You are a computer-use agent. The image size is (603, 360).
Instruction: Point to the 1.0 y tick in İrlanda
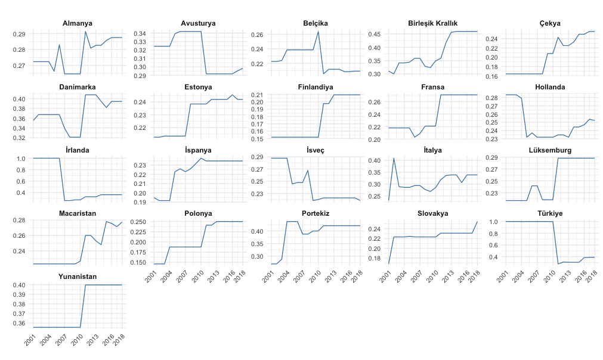[23, 159]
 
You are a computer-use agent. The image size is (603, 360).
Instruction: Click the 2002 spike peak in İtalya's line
[394, 158]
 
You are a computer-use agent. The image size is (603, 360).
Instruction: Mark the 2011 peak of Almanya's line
[85, 32]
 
